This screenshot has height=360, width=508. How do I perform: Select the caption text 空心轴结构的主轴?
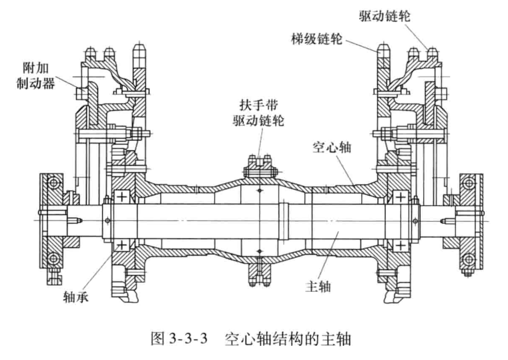coord(287,338)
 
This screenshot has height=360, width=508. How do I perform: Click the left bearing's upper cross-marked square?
coord(123,198)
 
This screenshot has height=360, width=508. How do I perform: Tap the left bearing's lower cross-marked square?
coord(123,246)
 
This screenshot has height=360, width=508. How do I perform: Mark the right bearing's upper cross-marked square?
coord(399,198)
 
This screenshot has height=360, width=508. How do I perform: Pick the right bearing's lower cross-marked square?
coord(399,246)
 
